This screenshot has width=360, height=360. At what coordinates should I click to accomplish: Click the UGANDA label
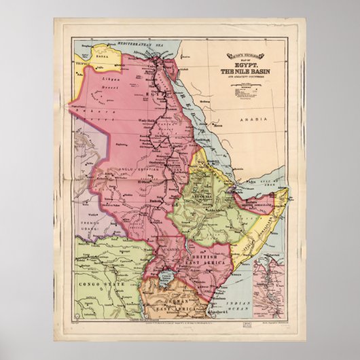click(x=173, y=250)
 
